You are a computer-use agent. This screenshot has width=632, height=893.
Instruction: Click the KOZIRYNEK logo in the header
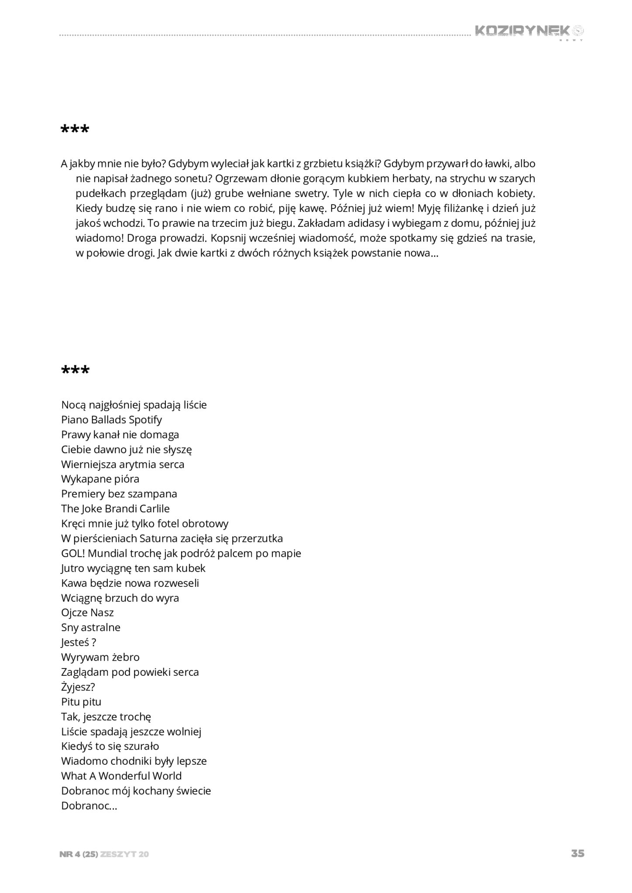(529, 31)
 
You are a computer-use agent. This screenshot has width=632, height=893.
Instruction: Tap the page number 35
(577, 853)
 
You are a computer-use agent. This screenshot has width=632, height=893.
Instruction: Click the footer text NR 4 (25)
(79, 854)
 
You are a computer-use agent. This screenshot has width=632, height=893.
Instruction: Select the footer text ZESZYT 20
(124, 854)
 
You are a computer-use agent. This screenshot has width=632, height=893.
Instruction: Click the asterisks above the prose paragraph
(75, 130)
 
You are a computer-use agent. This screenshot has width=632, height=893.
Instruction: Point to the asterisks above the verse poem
(75, 371)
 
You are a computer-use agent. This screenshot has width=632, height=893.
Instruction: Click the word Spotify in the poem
(145, 420)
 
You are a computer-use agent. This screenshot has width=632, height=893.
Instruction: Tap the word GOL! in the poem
(73, 553)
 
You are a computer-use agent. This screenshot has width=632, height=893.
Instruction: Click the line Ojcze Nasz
(87, 613)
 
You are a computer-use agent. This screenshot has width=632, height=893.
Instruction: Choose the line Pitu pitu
(81, 702)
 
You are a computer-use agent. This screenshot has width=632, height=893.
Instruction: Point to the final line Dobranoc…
(89, 805)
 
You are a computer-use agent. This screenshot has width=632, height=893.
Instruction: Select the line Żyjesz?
(78, 687)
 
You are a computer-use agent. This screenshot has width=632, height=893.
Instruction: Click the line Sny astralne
(91, 627)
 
